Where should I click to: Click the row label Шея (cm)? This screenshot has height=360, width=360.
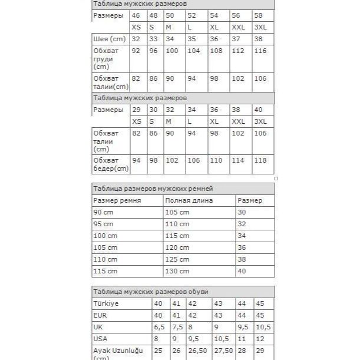[110, 39]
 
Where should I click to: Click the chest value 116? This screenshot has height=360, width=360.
[260, 51]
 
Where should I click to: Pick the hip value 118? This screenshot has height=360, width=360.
[260, 160]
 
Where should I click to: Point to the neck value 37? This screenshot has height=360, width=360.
[237, 39]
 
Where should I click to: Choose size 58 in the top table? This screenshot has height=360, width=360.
[259, 15]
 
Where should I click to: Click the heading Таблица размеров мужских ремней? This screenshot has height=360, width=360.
[153, 189]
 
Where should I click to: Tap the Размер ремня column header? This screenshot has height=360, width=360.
[117, 200]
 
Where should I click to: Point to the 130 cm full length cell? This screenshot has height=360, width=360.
[177, 271]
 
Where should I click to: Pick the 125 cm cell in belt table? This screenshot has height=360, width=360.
[177, 259]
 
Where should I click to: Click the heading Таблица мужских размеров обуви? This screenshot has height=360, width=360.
[150, 292]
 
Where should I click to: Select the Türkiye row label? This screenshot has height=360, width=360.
[107, 303]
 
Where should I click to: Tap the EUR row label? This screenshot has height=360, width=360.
[101, 315]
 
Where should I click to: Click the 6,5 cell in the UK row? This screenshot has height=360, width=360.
[159, 327]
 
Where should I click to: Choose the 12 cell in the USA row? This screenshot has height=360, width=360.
[259, 339]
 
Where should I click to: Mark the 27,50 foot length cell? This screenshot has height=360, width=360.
[223, 351]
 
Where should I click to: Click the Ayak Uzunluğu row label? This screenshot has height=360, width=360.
[118, 351]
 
